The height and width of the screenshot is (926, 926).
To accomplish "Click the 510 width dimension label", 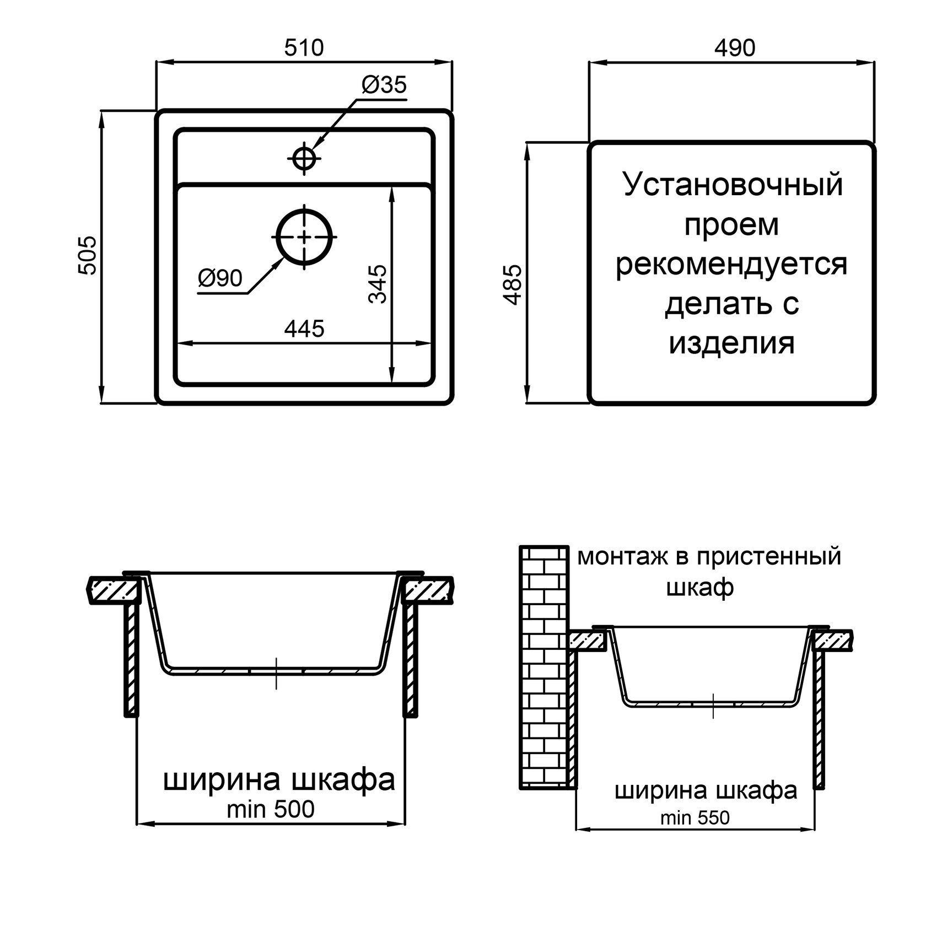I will pyautogui.click(x=304, y=48).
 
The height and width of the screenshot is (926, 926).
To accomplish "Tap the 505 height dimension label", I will pyautogui.click(x=88, y=255).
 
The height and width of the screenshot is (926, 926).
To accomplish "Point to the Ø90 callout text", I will pyautogui.click(x=220, y=279).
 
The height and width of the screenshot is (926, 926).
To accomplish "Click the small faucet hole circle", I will pyautogui.click(x=304, y=159).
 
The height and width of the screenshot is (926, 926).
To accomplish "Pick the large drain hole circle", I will pyautogui.click(x=304, y=236).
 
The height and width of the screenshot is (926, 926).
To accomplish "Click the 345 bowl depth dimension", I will pyautogui.click(x=378, y=284).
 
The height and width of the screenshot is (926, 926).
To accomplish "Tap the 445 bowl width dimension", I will pyautogui.click(x=304, y=329).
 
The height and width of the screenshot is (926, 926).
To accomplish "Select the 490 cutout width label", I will pyautogui.click(x=735, y=48).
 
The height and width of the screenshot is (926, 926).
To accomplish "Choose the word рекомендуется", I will pyautogui.click(x=731, y=265).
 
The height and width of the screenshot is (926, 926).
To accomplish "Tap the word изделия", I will pyautogui.click(x=732, y=343).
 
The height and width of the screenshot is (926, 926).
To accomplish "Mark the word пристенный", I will pyautogui.click(x=768, y=557).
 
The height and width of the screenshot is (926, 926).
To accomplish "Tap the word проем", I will pyautogui.click(x=731, y=225).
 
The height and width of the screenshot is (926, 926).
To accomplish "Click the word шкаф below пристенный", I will pyautogui.click(x=700, y=588).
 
